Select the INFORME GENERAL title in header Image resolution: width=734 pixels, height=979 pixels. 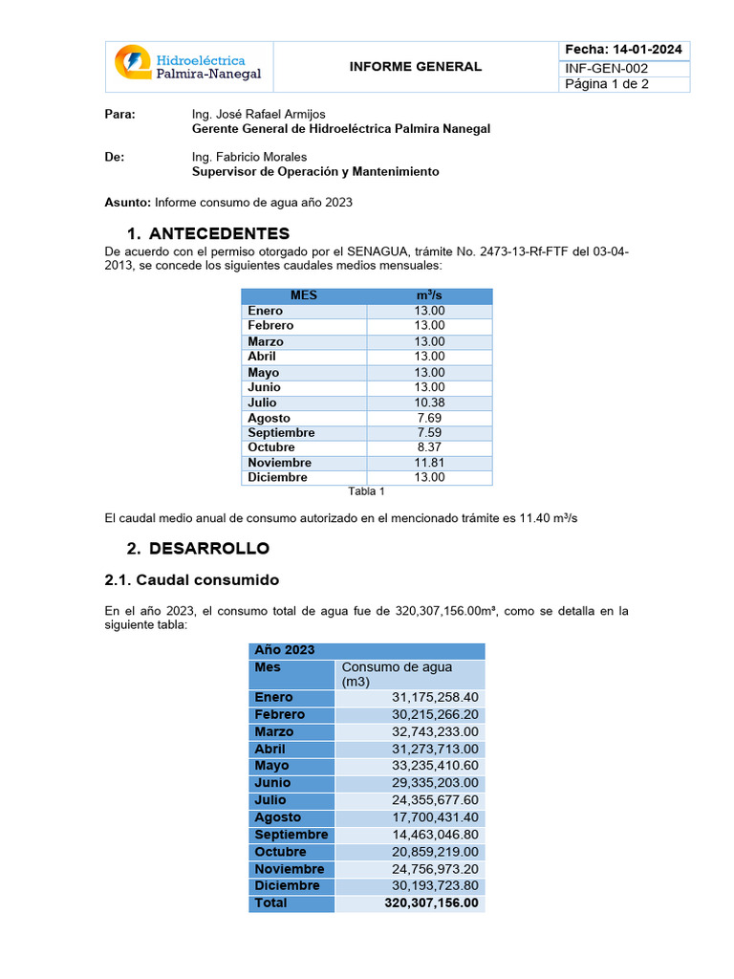coord(415,67)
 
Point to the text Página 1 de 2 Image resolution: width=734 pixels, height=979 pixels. coord(612,84)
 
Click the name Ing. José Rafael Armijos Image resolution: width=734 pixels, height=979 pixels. coord(258,114)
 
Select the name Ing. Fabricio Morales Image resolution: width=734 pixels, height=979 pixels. coord(249,157)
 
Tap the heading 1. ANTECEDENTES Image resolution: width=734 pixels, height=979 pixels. coord(208,233)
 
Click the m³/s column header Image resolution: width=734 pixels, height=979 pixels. coord(429,296)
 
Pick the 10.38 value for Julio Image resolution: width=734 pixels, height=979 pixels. coord(429,402)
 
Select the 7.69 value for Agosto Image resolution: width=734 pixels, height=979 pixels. coord(429,418)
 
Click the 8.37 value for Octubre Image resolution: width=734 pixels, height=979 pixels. coord(429,447)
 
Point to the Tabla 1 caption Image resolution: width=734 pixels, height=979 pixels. coord(366,492)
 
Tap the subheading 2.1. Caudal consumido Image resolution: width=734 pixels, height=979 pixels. coord(191,580)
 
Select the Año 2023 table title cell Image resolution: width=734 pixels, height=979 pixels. coord(285,650)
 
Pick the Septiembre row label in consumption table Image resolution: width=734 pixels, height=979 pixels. coord(291,835)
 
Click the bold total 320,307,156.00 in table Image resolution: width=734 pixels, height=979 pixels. coord(431,903)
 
